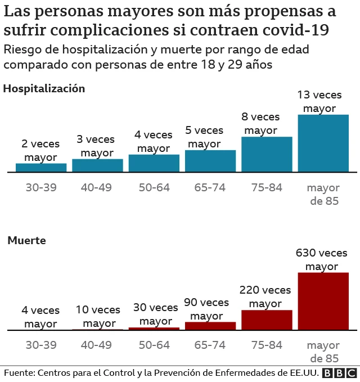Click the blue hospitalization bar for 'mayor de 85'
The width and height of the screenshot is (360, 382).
click(x=323, y=143)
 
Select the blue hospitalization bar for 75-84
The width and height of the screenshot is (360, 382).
click(x=267, y=154)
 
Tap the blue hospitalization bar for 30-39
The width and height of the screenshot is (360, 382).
click(x=41, y=167)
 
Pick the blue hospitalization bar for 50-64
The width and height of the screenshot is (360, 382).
click(x=154, y=163)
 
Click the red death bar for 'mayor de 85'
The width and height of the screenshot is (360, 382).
click(x=323, y=301)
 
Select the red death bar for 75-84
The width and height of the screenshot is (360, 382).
click(x=267, y=320)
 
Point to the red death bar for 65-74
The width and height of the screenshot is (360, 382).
click(x=210, y=326)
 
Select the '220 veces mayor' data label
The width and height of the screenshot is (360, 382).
click(x=265, y=297)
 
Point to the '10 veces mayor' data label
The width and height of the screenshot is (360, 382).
click(x=97, y=317)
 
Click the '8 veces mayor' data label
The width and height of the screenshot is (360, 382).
click(x=261, y=123)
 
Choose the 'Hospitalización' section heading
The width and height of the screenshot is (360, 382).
click(x=44, y=88)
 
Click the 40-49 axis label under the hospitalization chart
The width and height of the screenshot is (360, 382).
click(x=97, y=187)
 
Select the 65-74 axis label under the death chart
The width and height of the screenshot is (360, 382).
click(x=210, y=345)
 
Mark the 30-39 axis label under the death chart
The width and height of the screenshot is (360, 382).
click(x=41, y=345)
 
